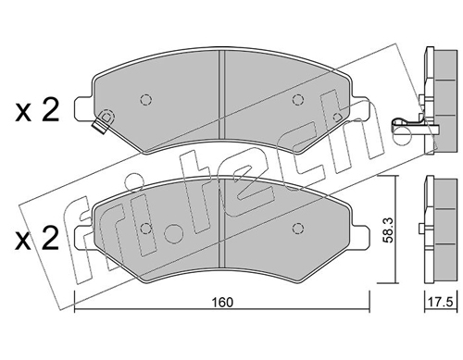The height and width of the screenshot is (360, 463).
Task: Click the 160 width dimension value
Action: [222, 303]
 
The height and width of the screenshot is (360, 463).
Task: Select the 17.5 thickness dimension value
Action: [441, 303]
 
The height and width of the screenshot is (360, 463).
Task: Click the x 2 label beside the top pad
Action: [37, 111]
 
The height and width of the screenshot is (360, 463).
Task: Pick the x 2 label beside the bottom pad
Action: [37, 238]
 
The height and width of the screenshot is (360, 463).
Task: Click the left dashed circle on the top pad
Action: [145, 100]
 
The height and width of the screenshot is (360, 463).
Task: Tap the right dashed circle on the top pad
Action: [297, 100]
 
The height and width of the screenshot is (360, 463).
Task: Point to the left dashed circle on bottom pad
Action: [145, 229]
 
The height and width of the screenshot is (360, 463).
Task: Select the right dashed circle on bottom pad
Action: [297, 229]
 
